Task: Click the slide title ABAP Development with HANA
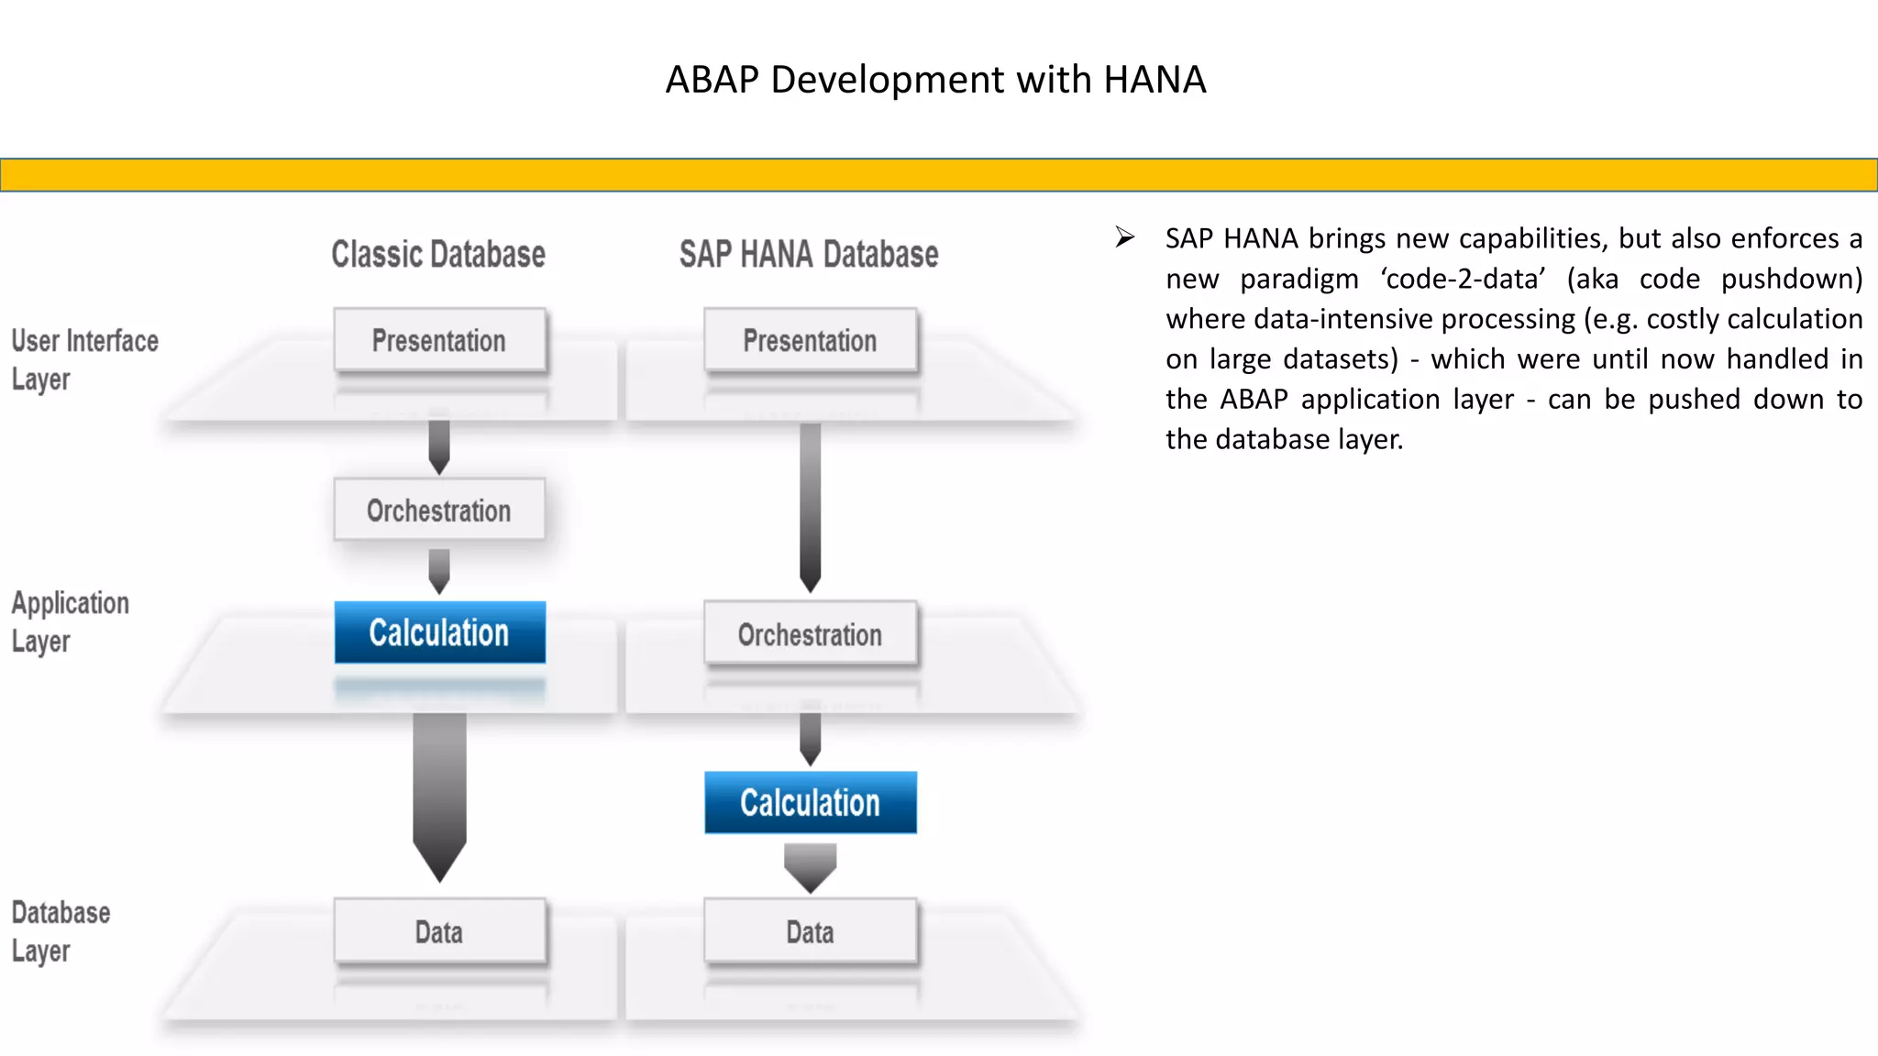(935, 80)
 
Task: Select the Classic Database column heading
(438, 255)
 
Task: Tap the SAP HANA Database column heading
(809, 255)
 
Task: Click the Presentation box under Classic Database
(439, 341)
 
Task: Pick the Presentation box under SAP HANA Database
(810, 341)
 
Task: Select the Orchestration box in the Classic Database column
(439, 511)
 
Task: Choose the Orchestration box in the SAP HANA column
(810, 634)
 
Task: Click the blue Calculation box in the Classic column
(439, 632)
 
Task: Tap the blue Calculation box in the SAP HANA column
(810, 803)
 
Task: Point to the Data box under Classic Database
(439, 932)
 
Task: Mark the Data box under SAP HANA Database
(810, 932)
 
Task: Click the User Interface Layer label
(84, 359)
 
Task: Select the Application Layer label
(70, 621)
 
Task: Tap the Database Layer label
(61, 931)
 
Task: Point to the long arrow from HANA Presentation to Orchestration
(810, 504)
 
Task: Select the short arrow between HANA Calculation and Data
(810, 866)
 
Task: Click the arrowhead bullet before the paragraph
(1125, 238)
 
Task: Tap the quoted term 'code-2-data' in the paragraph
(1464, 279)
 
